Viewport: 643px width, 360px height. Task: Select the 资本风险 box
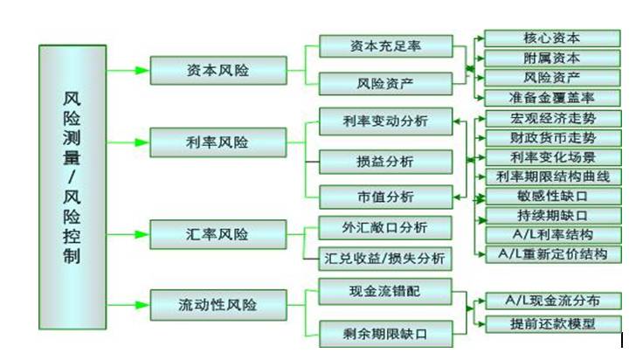click(x=218, y=70)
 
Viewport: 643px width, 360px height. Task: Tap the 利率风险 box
click(x=218, y=142)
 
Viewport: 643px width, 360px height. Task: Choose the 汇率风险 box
click(x=218, y=234)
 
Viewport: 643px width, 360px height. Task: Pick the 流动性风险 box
click(x=218, y=305)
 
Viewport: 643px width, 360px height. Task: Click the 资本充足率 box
click(x=385, y=45)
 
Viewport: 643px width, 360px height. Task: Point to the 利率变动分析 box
click(x=385, y=121)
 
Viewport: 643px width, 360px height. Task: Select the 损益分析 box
click(x=385, y=162)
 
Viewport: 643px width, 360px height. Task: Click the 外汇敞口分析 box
click(x=385, y=228)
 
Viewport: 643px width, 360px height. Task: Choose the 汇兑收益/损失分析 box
click(x=385, y=258)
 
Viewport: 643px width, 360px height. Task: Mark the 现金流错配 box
click(x=385, y=288)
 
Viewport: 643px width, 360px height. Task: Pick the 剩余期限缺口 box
click(x=385, y=332)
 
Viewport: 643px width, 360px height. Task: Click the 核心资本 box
click(x=552, y=38)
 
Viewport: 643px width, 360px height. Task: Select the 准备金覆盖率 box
click(x=552, y=98)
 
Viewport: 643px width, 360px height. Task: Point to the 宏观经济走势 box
click(x=552, y=118)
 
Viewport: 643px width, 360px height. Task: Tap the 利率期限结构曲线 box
click(x=552, y=177)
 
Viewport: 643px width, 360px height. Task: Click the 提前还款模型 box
click(x=552, y=324)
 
